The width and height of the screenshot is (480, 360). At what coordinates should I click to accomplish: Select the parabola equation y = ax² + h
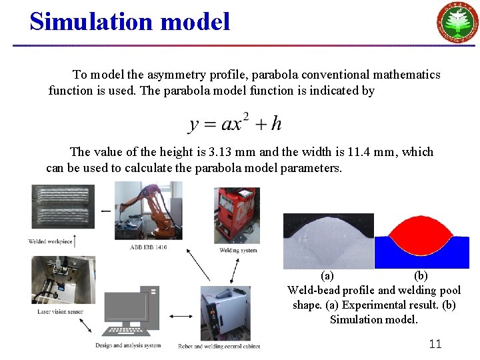click(x=235, y=123)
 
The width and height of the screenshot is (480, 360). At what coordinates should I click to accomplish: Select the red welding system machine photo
click(x=237, y=215)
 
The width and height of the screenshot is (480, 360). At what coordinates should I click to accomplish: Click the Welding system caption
click(x=238, y=251)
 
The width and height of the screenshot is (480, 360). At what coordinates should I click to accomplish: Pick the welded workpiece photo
click(x=63, y=206)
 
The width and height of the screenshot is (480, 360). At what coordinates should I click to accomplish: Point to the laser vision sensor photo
click(x=63, y=280)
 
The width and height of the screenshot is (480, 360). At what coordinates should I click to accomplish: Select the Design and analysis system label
click(x=128, y=345)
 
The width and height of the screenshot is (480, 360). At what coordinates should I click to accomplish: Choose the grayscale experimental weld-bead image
click(x=327, y=241)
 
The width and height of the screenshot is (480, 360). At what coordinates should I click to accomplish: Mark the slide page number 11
click(x=435, y=344)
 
